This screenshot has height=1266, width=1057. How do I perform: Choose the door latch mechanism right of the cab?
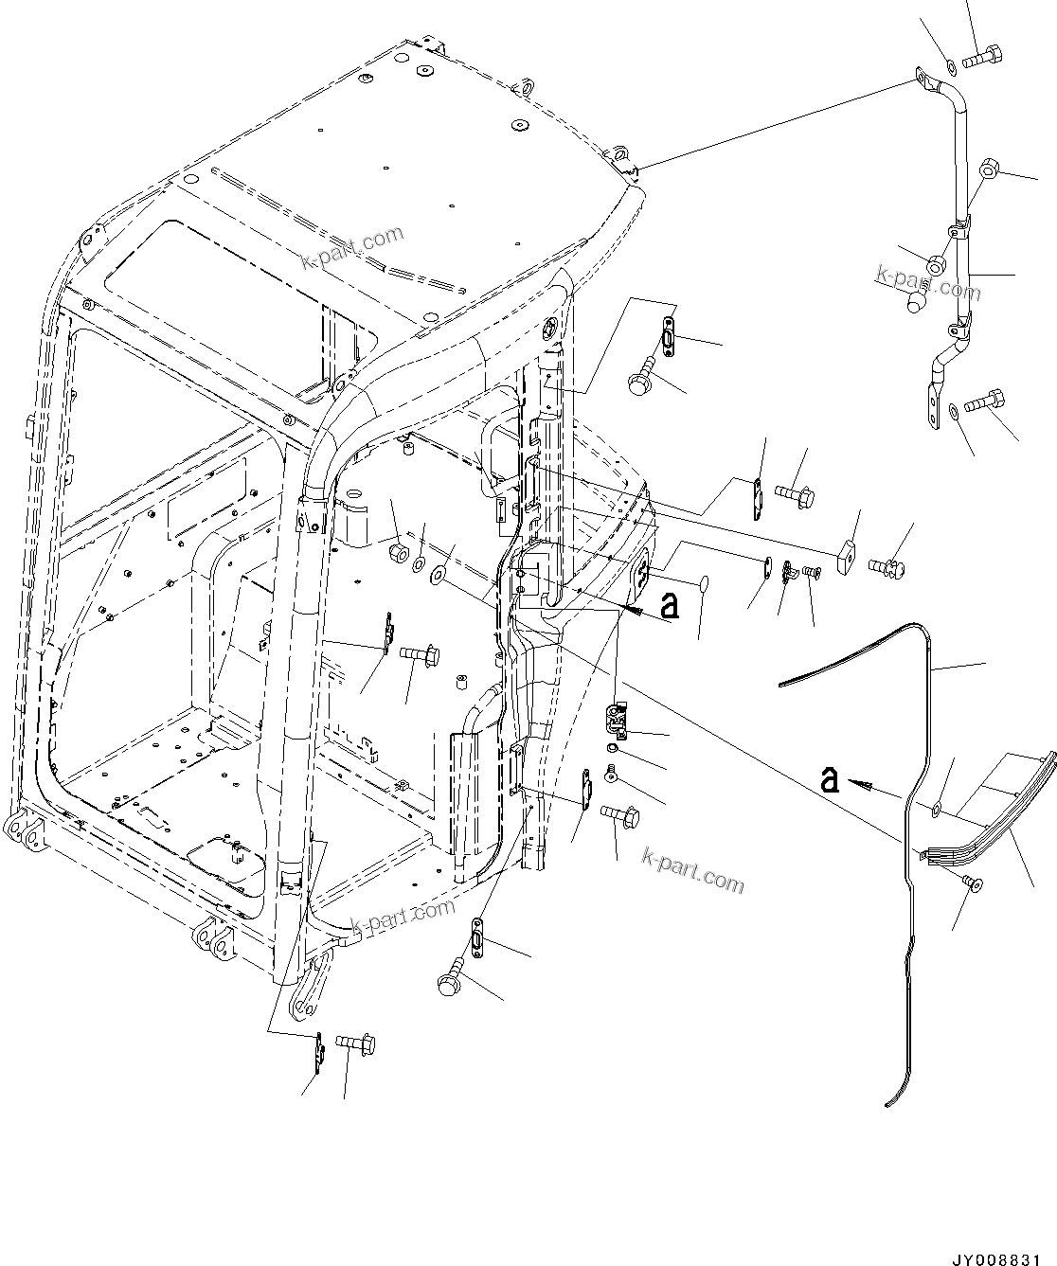point(618,721)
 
